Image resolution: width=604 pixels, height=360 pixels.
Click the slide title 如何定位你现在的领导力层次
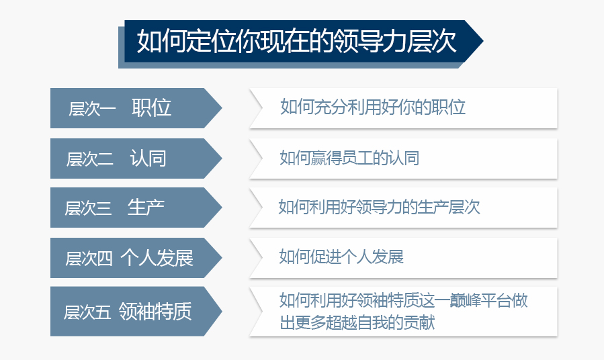[x=296, y=42]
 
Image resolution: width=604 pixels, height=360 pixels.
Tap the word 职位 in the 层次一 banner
[x=152, y=107]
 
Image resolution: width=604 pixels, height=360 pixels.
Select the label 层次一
[x=92, y=109]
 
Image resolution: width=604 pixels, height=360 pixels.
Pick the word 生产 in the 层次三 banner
[x=146, y=208]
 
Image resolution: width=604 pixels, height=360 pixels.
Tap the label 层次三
[x=88, y=209]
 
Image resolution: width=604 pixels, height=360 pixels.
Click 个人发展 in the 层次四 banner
[x=157, y=257]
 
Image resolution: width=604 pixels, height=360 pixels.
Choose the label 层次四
[x=89, y=259]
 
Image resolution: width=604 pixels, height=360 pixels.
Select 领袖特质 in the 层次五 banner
[x=155, y=311]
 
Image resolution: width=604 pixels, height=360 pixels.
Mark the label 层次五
[x=87, y=312]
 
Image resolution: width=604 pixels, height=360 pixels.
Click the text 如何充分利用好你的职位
[x=373, y=107]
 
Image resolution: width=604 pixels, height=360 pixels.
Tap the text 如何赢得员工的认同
[x=349, y=158]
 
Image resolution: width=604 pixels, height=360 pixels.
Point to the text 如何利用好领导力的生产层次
[x=380, y=206]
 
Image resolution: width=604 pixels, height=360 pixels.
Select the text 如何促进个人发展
[x=341, y=257]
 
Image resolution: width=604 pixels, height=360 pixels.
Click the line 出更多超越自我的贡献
[x=357, y=322]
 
